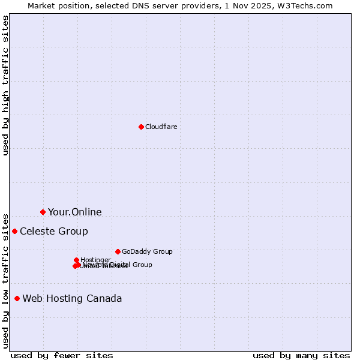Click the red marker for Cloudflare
[141, 127]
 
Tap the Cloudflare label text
[161, 127]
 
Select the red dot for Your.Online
[43, 212]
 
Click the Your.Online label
[75, 212]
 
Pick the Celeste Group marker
[14, 231]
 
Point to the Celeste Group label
[54, 232]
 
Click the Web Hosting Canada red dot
[17, 298]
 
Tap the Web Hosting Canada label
[72, 299]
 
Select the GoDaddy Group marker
[118, 251]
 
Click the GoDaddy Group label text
[147, 252]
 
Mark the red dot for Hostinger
[76, 260]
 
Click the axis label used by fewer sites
[62, 355]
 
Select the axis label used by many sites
[301, 355]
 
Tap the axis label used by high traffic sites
[5, 85]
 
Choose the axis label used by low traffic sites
[5, 281]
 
